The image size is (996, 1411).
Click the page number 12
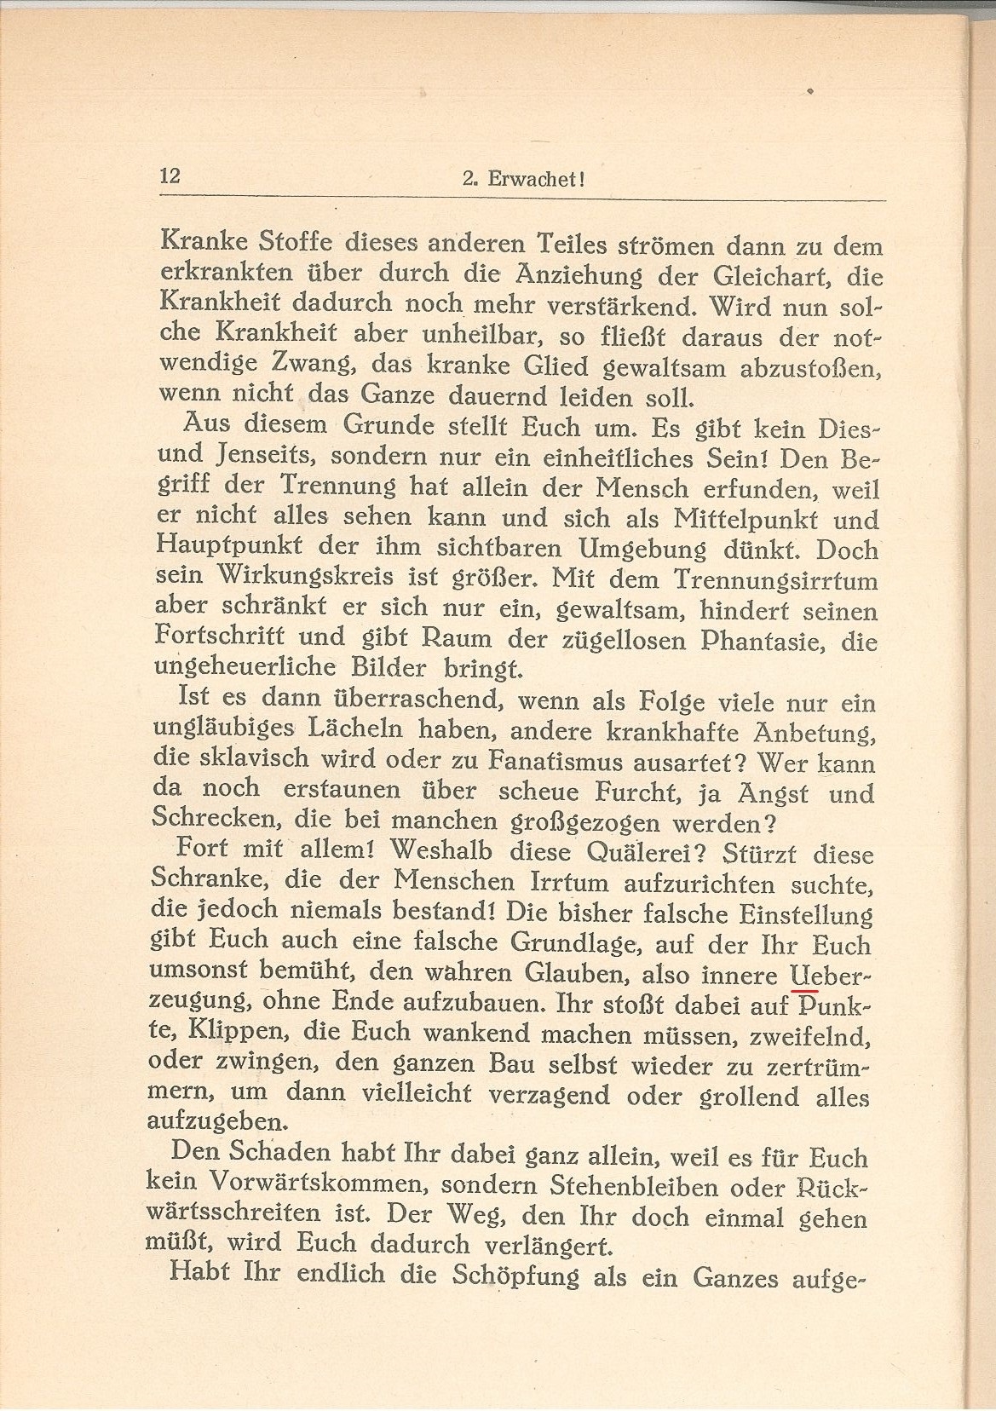click(170, 176)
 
